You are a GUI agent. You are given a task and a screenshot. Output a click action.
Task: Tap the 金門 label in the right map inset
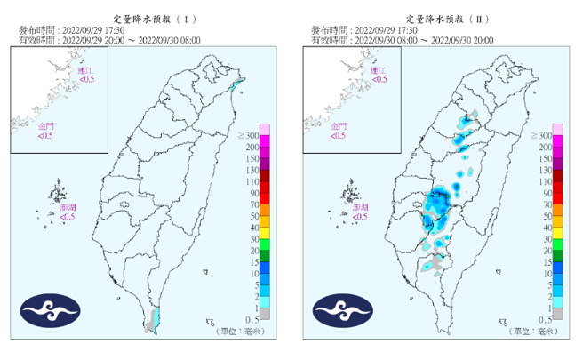click(339, 127)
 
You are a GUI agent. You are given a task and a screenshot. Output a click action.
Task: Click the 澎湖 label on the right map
click(361, 207)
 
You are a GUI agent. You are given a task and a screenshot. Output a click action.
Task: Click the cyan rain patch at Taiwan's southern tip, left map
click(155, 316)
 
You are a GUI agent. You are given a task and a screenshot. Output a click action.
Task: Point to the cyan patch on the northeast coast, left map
click(235, 85)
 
